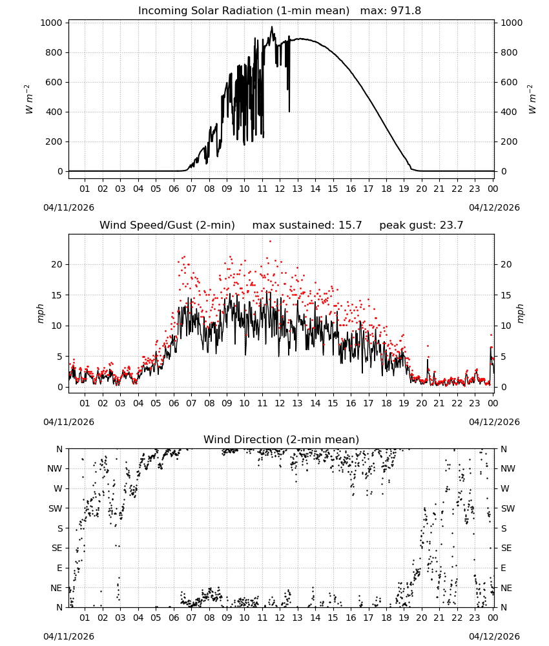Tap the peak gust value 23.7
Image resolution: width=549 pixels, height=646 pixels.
pyautogui.click(x=450, y=225)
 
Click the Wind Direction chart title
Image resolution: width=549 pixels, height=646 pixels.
pyautogui.click(x=282, y=439)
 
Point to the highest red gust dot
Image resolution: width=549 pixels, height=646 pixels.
pyautogui.click(x=270, y=242)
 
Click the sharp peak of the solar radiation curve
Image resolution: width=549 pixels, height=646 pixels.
pyautogui.click(x=272, y=26)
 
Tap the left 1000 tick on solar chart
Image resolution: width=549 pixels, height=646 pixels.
pyautogui.click(x=52, y=23)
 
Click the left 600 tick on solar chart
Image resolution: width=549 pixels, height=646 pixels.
pyautogui.click(x=54, y=82)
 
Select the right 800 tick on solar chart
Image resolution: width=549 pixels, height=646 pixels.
pyautogui.click(x=509, y=52)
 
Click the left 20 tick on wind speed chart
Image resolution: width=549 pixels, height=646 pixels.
pyautogui.click(x=57, y=264)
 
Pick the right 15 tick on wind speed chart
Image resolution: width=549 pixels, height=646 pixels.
pyautogui.click(x=506, y=295)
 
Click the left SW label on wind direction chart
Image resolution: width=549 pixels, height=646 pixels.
pyautogui.click(x=55, y=508)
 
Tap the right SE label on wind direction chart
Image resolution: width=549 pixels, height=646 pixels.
pyautogui.click(x=506, y=548)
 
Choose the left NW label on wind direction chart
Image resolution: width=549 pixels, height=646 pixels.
pyautogui.click(x=54, y=468)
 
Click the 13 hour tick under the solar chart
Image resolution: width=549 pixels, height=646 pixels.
pyautogui.click(x=297, y=189)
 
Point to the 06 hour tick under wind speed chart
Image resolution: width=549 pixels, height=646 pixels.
pyautogui.click(x=173, y=403)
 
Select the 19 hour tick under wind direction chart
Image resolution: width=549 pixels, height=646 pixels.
pyautogui.click(x=404, y=618)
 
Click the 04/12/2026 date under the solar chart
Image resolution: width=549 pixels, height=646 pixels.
pyautogui.click(x=494, y=207)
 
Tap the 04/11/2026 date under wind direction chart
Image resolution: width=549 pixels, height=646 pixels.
pyautogui.click(x=68, y=636)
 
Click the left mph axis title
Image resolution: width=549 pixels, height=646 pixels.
pyautogui.click(x=40, y=313)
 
